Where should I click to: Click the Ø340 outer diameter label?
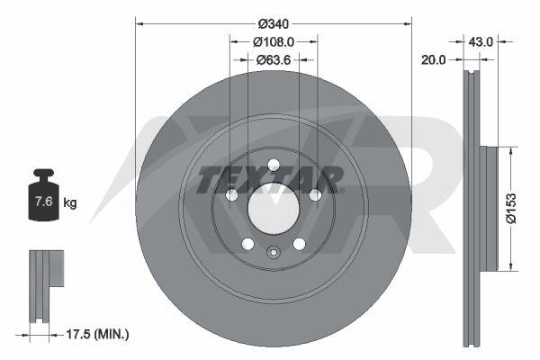click(274, 24)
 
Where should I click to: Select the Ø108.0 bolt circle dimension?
click(274, 42)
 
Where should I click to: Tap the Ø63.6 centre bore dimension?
click(274, 60)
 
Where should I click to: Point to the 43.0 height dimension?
click(481, 42)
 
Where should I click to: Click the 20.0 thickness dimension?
click(433, 60)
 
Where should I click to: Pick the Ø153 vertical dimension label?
click(511, 208)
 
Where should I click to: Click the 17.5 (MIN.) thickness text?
click(97, 334)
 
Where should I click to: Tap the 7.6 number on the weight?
click(44, 201)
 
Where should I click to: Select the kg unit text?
click(70, 202)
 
